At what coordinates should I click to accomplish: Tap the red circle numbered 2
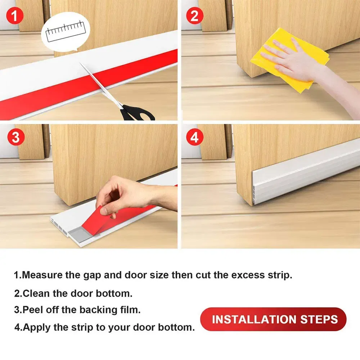(x=195, y=16)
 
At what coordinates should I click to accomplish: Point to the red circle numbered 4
(x=195, y=138)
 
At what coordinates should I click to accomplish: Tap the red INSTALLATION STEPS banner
(x=273, y=319)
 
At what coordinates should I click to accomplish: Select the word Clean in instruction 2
(x=36, y=293)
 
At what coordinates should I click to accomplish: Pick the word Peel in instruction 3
(x=32, y=310)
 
